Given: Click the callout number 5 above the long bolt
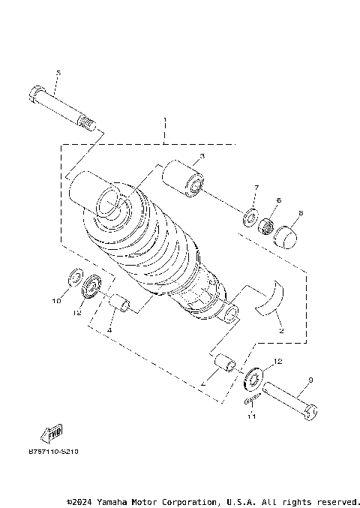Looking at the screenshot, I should (x=58, y=72).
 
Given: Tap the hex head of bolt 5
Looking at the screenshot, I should (x=35, y=96).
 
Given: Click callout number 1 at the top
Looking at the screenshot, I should (x=164, y=122).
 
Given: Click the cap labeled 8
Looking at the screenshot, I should (x=286, y=236).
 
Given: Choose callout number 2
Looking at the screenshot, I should (x=280, y=329).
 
